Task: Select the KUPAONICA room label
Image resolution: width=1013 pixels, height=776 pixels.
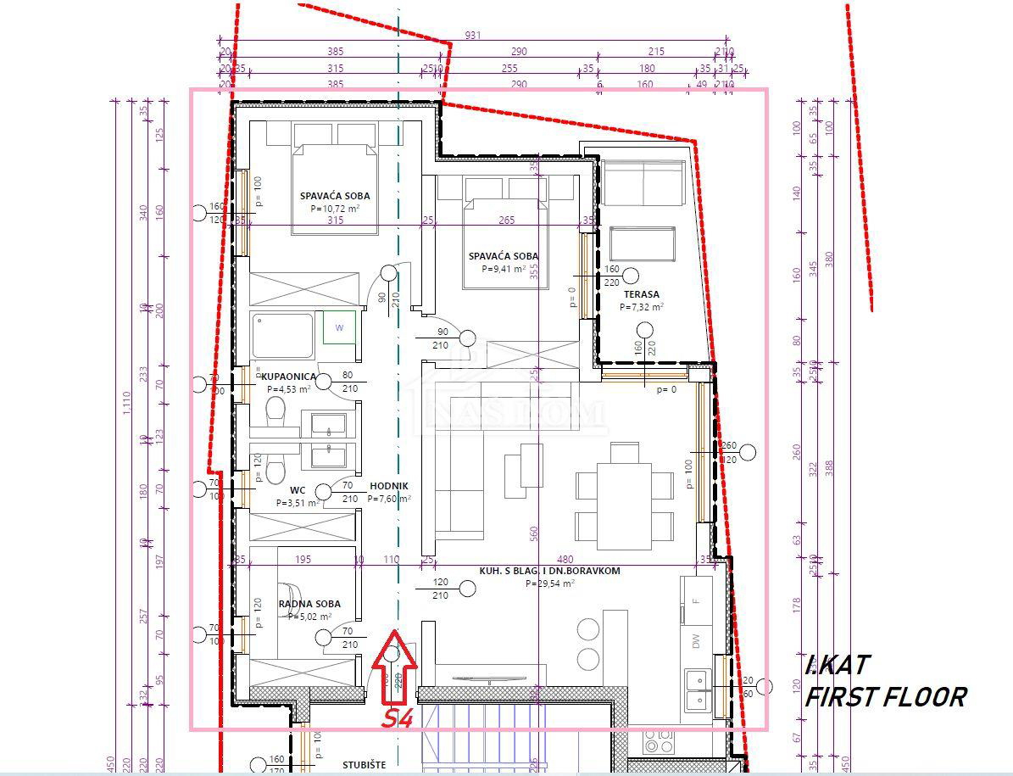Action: pos(289,377)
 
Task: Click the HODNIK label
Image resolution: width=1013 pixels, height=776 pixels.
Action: pos(389,487)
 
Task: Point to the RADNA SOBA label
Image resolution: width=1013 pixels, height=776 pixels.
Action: pos(309,604)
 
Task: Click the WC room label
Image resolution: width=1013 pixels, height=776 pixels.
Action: pos(297,490)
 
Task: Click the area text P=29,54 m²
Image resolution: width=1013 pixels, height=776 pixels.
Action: pos(549,583)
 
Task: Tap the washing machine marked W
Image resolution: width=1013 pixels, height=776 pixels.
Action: pos(339,327)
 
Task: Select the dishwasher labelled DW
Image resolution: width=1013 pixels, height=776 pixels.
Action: pos(697,643)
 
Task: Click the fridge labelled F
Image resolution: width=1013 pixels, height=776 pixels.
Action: pos(697,600)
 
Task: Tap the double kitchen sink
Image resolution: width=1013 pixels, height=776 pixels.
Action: pos(699,689)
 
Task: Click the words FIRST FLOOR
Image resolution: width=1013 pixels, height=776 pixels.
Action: pos(885,697)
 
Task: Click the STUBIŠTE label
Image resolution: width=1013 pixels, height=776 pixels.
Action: pos(364,765)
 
